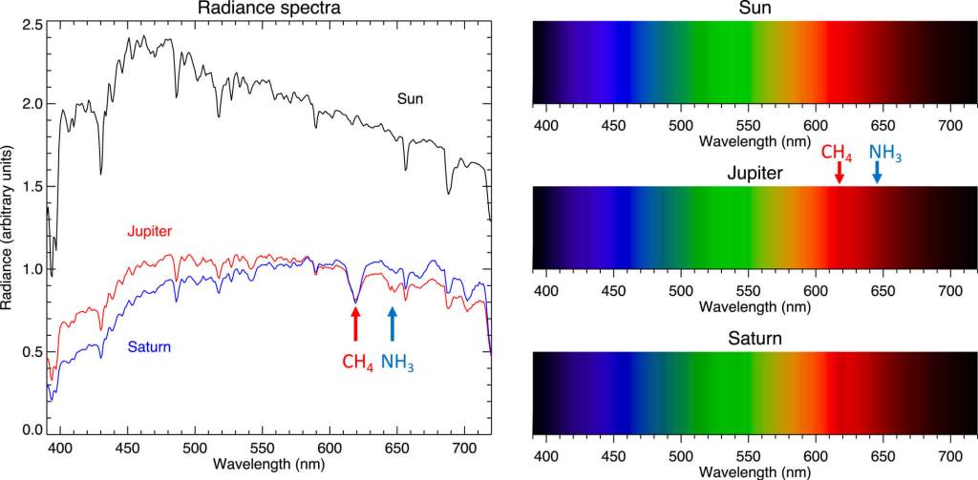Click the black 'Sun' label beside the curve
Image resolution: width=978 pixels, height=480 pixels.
coord(411,98)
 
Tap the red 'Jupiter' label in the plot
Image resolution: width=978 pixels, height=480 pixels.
coord(147,231)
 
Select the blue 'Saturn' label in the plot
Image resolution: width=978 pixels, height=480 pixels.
coord(149,348)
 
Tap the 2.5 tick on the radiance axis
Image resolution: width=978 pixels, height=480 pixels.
coord(32,22)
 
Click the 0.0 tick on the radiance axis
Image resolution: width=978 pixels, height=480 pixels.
coord(32,431)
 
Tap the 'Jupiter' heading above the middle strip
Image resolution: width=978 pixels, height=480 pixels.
coord(755,174)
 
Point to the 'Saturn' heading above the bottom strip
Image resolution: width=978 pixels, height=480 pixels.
coord(755,338)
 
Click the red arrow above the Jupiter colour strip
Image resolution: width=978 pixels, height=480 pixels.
coord(839,172)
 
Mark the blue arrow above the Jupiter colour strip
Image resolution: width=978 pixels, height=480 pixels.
coord(877,172)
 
